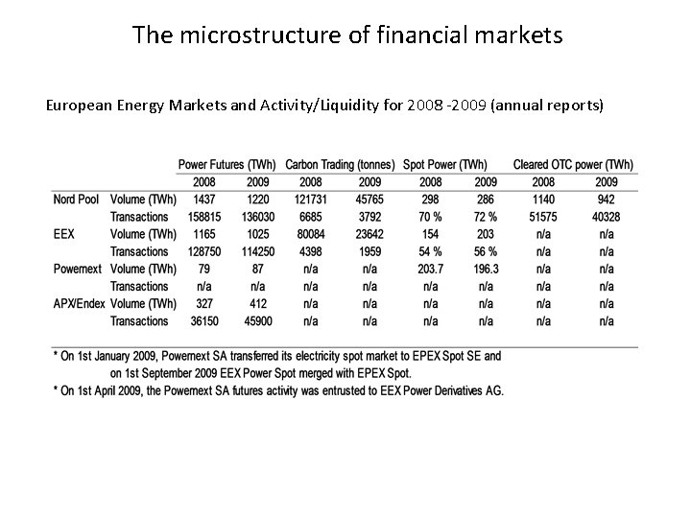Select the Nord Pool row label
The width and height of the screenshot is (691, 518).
pos(76,200)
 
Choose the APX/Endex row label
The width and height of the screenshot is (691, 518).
pos(80,303)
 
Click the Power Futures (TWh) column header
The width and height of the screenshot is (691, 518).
pos(228,165)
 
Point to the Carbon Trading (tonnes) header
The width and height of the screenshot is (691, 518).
pos(341,165)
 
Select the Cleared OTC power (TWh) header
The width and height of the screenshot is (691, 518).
pos(574,165)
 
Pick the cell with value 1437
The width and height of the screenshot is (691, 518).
pos(204,200)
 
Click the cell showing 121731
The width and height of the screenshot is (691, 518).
pos(311,200)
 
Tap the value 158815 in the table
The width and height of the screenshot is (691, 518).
pos(204,217)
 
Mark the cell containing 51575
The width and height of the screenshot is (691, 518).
pos(543,217)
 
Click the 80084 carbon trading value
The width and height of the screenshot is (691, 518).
pos(311,234)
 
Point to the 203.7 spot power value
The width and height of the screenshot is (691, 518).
pos(431,269)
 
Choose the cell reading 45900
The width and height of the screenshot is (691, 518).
pos(258,320)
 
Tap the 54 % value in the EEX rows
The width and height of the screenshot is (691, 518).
pos(431,251)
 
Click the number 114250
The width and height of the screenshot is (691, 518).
pos(258,251)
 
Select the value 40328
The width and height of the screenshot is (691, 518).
pos(607,217)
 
